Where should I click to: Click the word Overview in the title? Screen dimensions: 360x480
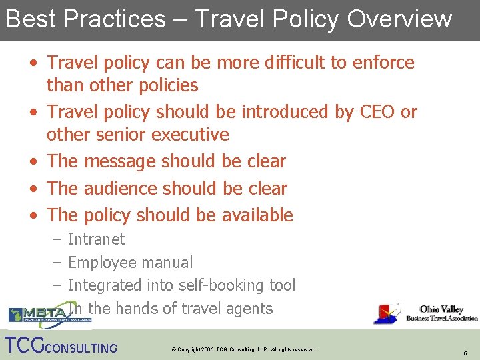point(399,19)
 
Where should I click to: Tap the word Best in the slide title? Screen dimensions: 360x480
point(28,19)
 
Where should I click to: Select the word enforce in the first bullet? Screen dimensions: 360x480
point(383,63)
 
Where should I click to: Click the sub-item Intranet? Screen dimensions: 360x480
point(96,239)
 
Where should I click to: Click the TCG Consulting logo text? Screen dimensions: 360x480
point(61,347)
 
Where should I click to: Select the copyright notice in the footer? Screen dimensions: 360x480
point(243,349)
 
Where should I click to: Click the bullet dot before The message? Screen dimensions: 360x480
point(33,162)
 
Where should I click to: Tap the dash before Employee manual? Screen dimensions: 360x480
point(57,263)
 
